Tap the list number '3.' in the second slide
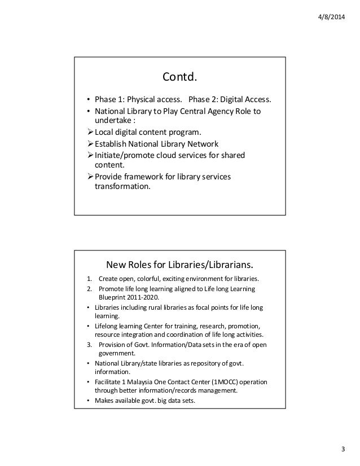click(x=89, y=344)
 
